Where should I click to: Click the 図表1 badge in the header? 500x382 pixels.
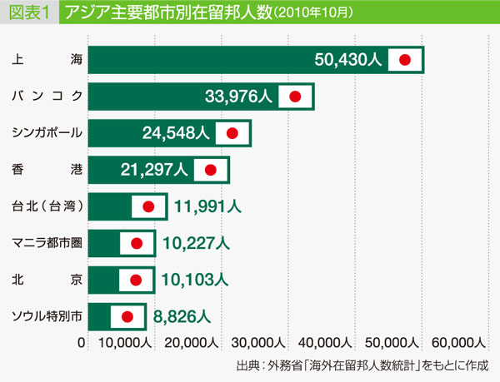click(x=28, y=14)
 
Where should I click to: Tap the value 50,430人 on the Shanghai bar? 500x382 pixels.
click(x=348, y=60)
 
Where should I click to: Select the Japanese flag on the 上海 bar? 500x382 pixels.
click(x=406, y=60)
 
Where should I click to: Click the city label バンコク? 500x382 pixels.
click(x=47, y=97)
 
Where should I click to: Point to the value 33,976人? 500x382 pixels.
click(x=237, y=97)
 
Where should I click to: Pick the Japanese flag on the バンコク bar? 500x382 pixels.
click(x=295, y=97)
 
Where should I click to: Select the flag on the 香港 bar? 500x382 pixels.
click(x=210, y=170)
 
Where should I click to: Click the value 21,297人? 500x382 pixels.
click(x=154, y=170)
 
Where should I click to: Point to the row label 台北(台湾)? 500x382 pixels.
click(x=47, y=206)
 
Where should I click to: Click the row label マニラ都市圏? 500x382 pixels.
click(x=47, y=243)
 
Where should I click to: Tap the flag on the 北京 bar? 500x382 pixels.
click(x=137, y=280)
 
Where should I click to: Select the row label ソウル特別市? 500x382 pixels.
click(x=47, y=316)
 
